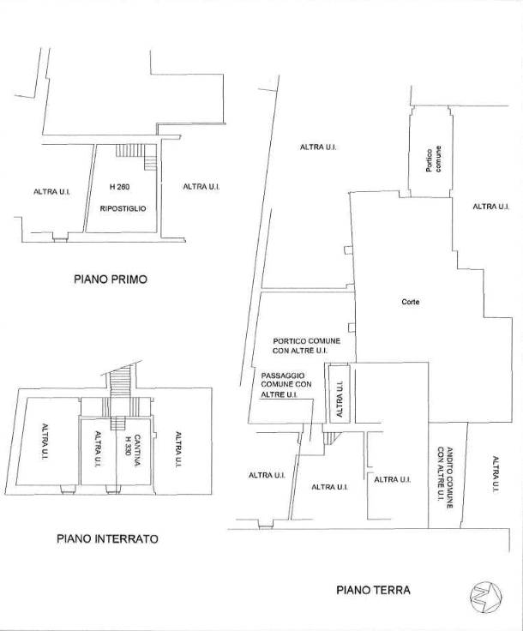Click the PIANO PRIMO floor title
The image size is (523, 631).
[111, 279]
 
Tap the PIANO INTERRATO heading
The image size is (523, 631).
[107, 538]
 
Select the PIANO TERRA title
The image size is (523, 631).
[373, 590]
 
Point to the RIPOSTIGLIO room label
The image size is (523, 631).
[123, 208]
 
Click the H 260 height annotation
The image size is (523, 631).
[119, 187]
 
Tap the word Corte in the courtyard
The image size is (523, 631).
[411, 302]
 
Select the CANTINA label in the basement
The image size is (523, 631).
[137, 450]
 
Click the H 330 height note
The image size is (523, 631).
[128, 446]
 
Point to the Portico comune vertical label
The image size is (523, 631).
[433, 159]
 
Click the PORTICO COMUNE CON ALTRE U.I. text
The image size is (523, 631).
[306, 346]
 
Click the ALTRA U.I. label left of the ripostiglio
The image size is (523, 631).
[51, 192]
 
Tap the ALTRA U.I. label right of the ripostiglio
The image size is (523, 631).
[201, 187]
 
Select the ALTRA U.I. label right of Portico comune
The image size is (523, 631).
[490, 207]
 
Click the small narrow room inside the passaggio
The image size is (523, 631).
[340, 394]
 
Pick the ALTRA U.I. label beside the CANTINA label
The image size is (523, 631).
[98, 449]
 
